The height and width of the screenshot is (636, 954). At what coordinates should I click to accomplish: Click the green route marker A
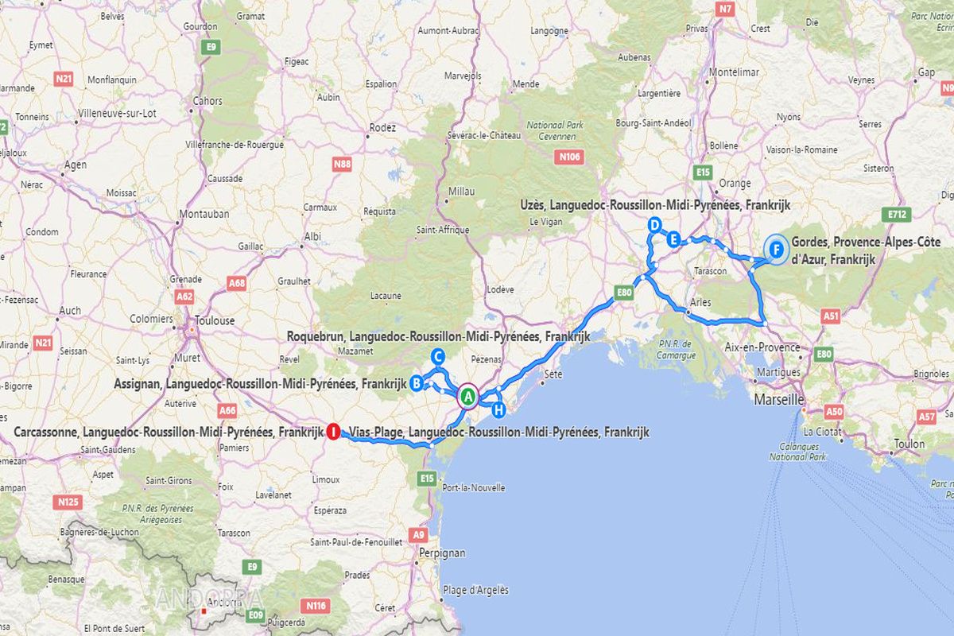pyautogui.click(x=468, y=396)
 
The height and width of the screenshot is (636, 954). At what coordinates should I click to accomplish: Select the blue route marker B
pyautogui.click(x=416, y=384)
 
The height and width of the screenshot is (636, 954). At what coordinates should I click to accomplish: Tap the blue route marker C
pyautogui.click(x=436, y=356)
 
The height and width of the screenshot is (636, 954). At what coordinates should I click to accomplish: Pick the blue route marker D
pyautogui.click(x=654, y=225)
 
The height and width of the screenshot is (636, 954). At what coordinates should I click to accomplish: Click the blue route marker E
pyautogui.click(x=673, y=238)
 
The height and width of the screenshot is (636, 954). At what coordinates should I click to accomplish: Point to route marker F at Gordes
pyautogui.click(x=776, y=250)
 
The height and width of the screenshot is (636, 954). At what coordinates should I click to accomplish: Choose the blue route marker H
pyautogui.click(x=498, y=410)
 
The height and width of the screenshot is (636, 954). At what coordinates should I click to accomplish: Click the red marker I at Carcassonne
pyautogui.click(x=334, y=431)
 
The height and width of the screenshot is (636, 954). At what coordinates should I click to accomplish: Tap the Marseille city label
pyautogui.click(x=779, y=399)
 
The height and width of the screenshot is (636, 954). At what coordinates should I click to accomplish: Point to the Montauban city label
pyautogui.click(x=204, y=214)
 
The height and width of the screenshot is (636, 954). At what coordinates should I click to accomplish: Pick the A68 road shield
pyautogui.click(x=237, y=283)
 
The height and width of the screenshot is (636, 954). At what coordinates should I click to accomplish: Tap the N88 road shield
pyautogui.click(x=342, y=165)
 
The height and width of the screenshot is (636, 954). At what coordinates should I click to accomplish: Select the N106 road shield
pyautogui.click(x=570, y=157)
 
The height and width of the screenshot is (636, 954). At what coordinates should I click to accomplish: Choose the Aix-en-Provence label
pyautogui.click(x=762, y=347)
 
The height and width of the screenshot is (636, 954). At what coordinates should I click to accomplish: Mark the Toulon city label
pyautogui.click(x=909, y=444)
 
